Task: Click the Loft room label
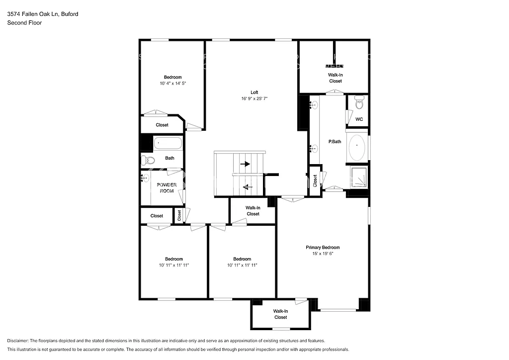[254, 92]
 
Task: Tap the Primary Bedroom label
[323, 247]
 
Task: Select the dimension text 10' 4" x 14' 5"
[173, 84]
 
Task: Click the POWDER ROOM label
[167, 187]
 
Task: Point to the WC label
[359, 119]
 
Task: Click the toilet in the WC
[359, 103]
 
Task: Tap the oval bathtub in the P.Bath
[357, 147]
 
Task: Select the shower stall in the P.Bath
[358, 177]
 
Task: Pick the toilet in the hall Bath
[146, 160]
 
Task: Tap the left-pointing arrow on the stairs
[247, 187]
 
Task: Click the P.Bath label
[335, 142]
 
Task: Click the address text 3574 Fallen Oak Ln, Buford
[42, 14]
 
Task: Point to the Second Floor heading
[24, 22]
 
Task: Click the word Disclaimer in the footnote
[18, 341]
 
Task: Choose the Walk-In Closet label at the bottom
[280, 314]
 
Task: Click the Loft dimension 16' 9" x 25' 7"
[254, 98]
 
